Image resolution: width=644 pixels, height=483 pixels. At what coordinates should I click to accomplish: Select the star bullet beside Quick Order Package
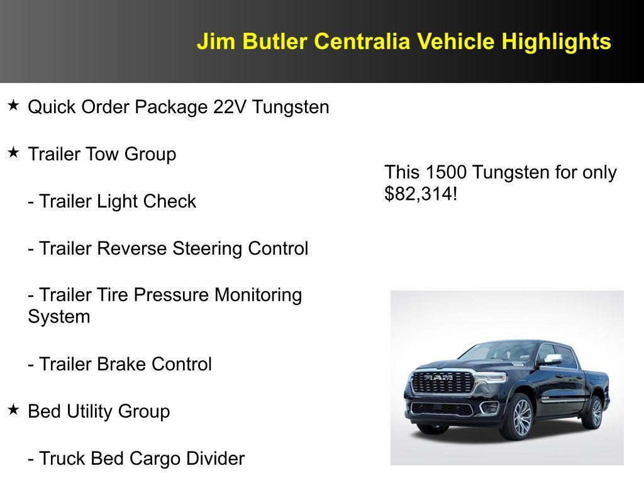[x=13, y=105]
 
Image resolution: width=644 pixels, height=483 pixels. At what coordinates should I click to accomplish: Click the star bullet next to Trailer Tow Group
[x=13, y=152]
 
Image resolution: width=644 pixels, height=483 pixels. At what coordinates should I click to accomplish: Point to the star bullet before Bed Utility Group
[x=13, y=409]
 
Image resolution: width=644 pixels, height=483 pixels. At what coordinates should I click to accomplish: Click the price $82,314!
[x=421, y=194]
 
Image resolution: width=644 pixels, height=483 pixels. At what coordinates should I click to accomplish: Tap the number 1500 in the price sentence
[x=446, y=172]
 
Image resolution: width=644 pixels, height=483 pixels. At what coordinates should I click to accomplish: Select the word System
[x=59, y=316]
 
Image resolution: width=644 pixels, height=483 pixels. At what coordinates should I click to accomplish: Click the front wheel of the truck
[x=521, y=417]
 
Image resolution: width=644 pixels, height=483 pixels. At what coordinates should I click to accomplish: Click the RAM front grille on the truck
[x=442, y=382]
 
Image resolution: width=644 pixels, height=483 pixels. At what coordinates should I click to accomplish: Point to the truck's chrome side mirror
[x=552, y=359]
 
